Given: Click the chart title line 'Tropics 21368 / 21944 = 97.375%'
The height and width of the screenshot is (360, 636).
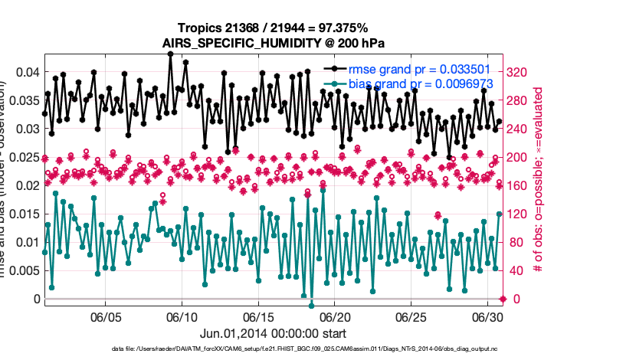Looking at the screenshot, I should click(x=274, y=28).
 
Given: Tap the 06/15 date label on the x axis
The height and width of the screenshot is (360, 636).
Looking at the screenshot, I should click(x=259, y=316).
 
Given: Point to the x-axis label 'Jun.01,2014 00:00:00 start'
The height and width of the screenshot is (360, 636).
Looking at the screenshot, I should click(x=274, y=333).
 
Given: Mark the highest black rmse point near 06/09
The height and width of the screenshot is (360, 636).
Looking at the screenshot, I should click(x=170, y=54).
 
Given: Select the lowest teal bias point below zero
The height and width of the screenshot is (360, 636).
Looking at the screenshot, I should click(x=311, y=306).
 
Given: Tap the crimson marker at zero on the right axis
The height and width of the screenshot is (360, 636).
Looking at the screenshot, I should click(x=503, y=299).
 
